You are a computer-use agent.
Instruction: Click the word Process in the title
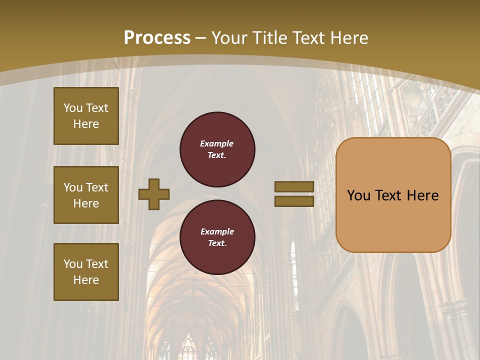pos(157,38)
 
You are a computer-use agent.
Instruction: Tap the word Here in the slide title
pos(348,38)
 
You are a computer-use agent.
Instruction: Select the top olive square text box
pos(86,116)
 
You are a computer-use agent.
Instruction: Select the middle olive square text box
pos(86,195)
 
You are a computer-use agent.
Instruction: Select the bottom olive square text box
pos(86,272)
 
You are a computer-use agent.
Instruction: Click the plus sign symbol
pos(154,194)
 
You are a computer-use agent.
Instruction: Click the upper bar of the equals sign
pos(294,187)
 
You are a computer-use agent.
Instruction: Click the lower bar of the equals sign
pos(294,201)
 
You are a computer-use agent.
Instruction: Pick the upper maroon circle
pos(217,149)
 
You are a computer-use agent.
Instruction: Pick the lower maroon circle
pos(217,237)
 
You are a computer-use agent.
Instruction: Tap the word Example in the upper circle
pos(216,143)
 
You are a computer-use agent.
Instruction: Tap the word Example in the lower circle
pos(217,231)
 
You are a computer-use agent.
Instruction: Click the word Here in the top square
pos(86,124)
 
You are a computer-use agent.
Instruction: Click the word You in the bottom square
pos(73,264)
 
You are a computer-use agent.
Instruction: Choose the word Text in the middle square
pos(96,187)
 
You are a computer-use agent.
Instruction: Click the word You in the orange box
pos(358,195)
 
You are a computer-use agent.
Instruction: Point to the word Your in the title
pos(230,38)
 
